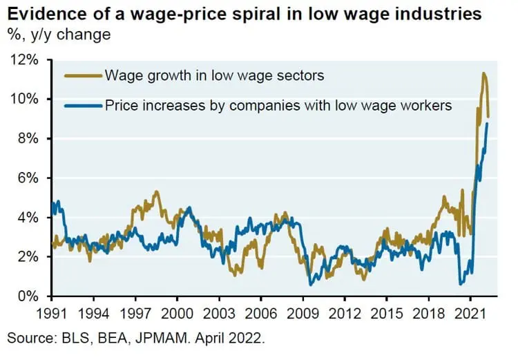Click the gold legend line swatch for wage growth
(x=81, y=75)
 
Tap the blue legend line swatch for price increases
(x=81, y=106)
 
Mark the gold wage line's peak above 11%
(x=484, y=73)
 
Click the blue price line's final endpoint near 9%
(x=488, y=123)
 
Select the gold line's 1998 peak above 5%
(x=157, y=191)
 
